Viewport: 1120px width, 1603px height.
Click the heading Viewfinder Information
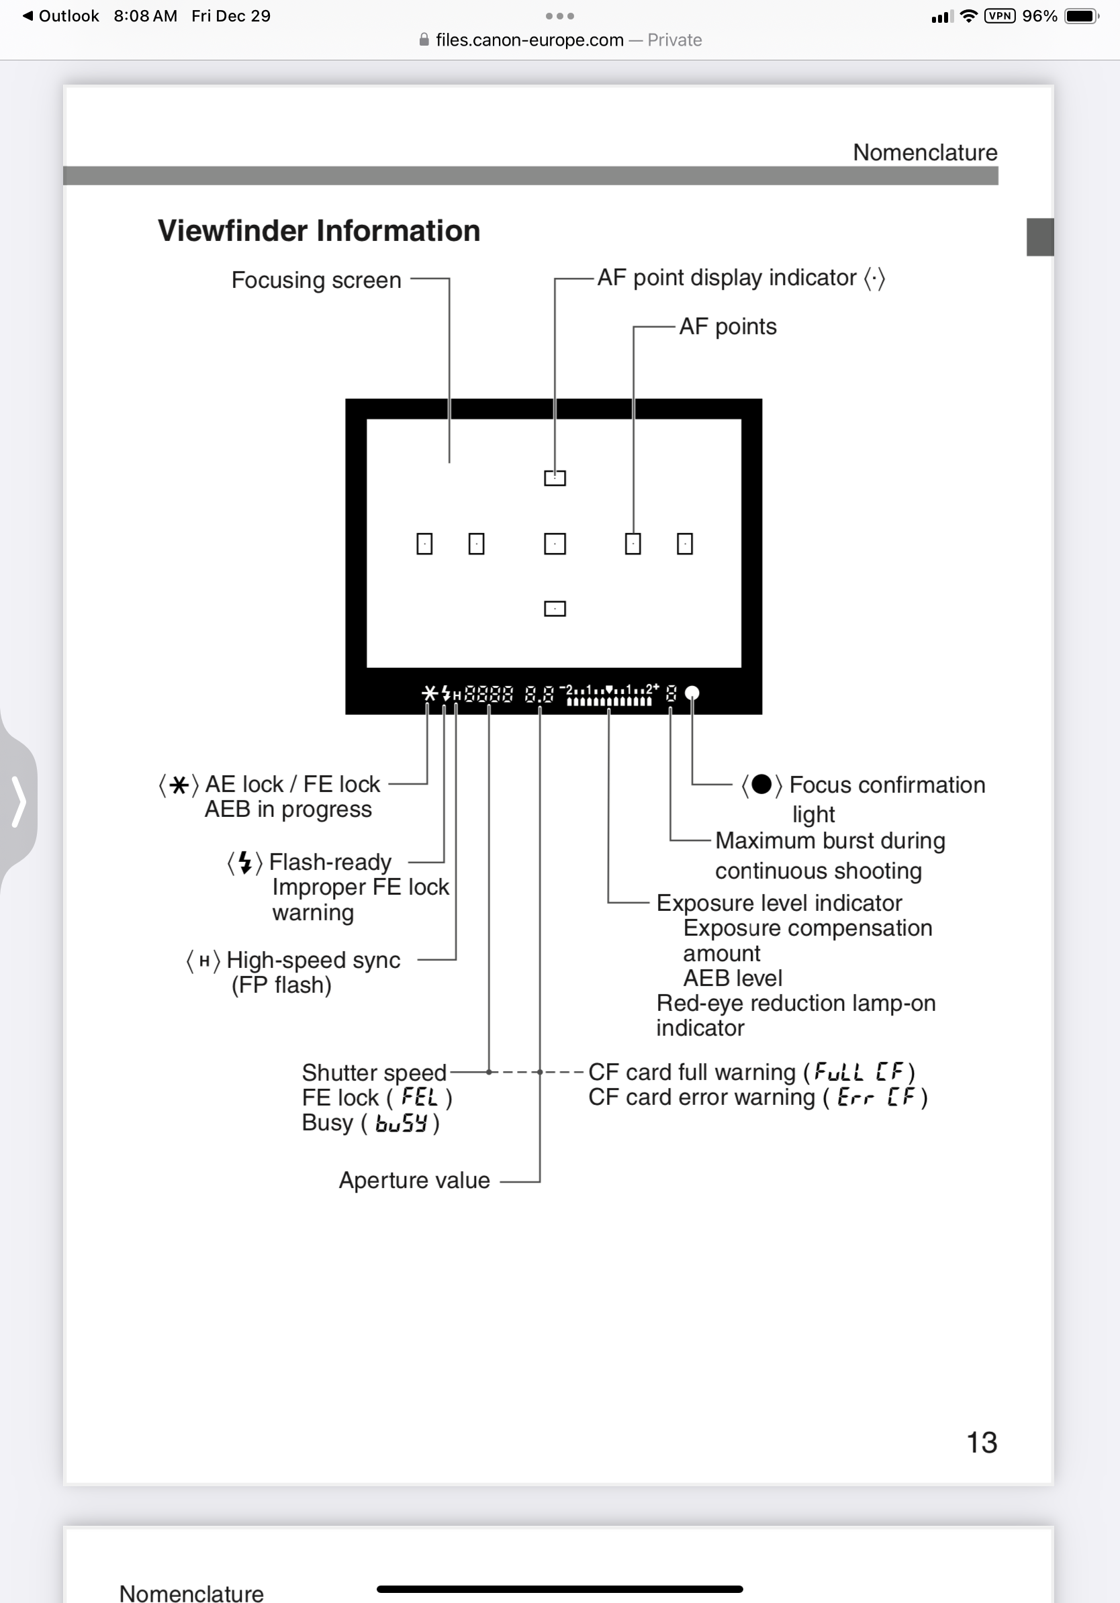pos(318,231)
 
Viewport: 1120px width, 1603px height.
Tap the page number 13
pos(981,1443)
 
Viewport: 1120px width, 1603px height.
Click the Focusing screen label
pos(316,280)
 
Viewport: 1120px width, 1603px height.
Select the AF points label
pos(728,327)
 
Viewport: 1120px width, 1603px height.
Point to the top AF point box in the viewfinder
pos(555,478)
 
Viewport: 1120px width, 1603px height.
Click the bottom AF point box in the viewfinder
pos(555,609)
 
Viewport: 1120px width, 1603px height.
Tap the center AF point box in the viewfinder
pos(555,544)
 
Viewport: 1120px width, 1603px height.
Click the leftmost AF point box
pos(424,544)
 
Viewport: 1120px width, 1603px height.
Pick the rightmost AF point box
pos(684,544)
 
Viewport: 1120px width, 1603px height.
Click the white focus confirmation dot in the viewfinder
pos(692,693)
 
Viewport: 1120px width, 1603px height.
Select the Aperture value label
pos(414,1181)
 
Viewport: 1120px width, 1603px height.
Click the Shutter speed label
pos(373,1073)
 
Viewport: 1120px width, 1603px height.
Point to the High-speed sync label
pos(313,961)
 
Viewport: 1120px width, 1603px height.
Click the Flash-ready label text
pos(330,862)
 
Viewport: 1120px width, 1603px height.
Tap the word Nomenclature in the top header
pos(925,152)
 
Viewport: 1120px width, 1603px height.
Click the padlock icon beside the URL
pos(424,40)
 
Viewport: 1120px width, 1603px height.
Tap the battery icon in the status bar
pos(1081,16)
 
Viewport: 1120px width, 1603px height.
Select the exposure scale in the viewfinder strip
pos(609,695)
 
